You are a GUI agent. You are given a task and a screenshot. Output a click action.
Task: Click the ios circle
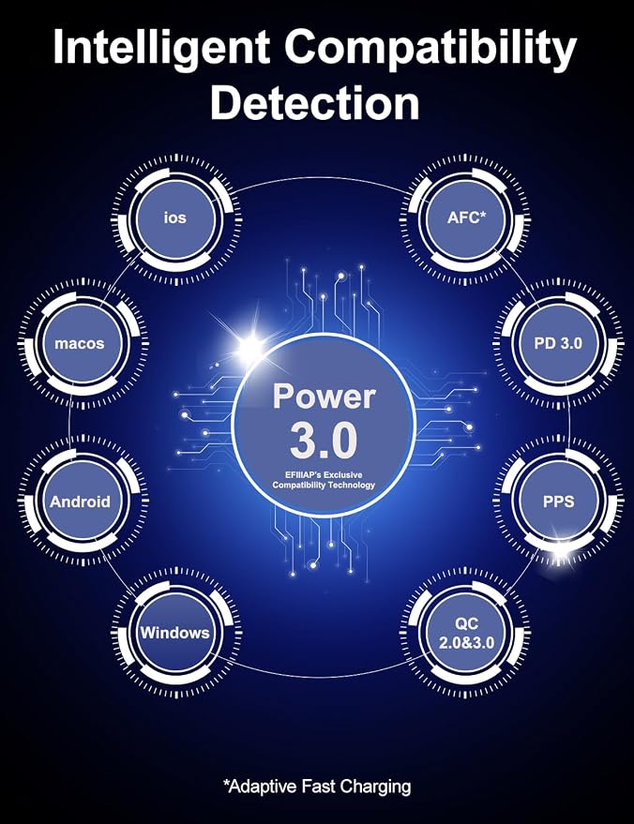(x=175, y=218)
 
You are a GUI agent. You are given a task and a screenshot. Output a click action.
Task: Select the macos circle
(x=80, y=344)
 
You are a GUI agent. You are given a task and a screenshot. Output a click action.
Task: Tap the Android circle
(x=80, y=502)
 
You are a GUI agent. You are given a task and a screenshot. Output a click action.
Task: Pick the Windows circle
(x=175, y=632)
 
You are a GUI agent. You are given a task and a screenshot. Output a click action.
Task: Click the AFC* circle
(x=465, y=218)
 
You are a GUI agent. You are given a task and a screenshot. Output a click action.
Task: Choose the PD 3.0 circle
(x=558, y=344)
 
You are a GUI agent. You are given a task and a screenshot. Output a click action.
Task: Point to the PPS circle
(x=558, y=502)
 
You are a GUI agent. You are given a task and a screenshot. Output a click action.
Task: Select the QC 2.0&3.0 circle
(x=465, y=632)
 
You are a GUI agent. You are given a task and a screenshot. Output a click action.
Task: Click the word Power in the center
(x=324, y=397)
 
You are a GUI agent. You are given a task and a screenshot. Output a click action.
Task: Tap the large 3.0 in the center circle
(x=324, y=442)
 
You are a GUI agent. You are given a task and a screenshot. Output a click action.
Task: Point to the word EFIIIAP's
(x=302, y=475)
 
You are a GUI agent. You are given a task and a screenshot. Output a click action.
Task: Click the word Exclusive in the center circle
(x=341, y=475)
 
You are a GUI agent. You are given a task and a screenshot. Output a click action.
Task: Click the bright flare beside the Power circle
(x=251, y=347)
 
